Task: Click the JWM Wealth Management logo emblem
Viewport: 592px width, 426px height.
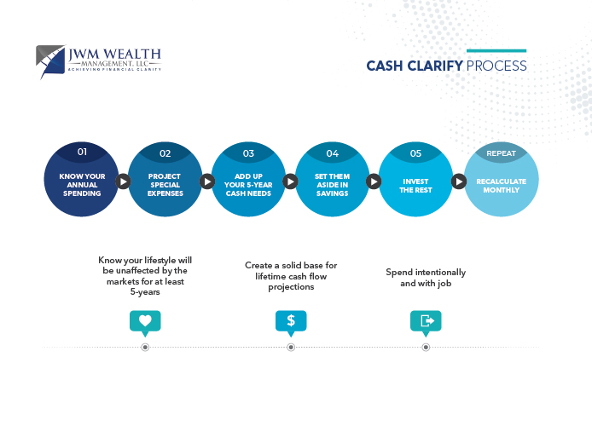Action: click(51, 60)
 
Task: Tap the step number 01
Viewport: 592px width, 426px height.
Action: click(82, 152)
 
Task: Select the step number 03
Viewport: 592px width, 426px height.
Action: click(248, 153)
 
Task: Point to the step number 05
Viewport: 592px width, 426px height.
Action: click(415, 153)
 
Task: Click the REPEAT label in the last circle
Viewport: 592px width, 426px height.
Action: click(501, 153)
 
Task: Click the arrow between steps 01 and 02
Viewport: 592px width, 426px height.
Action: click(123, 181)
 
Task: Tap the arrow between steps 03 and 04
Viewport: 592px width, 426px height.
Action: click(290, 181)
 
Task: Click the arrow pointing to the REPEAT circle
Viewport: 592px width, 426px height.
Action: click(458, 181)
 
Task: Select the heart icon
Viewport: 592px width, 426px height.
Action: click(145, 321)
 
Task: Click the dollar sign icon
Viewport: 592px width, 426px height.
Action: click(291, 321)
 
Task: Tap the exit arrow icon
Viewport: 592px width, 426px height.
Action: click(426, 321)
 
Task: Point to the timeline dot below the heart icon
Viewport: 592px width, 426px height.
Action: click(145, 347)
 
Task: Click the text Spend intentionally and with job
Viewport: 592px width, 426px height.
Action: click(426, 277)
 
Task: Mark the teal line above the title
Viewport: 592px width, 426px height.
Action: click(496, 51)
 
